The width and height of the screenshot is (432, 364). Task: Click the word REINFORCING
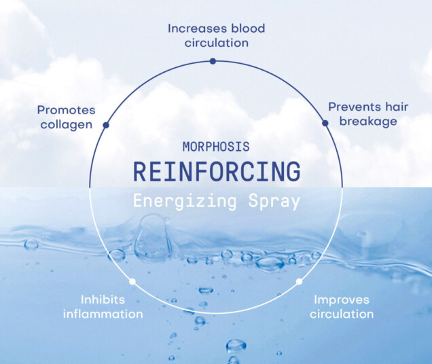point(216,172)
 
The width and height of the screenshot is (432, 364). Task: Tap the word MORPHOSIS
point(216,147)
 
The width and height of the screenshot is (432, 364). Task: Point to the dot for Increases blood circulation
point(213,61)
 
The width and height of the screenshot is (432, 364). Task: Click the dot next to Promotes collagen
point(106,125)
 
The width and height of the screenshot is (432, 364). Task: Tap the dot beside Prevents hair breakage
point(325,122)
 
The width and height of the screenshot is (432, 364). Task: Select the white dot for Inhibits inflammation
point(132,281)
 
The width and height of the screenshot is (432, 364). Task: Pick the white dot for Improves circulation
point(299,280)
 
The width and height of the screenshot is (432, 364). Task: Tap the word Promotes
point(67,109)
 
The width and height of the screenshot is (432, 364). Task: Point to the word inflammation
point(103,314)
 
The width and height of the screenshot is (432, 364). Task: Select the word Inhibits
point(103,299)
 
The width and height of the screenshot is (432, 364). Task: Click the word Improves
point(341,299)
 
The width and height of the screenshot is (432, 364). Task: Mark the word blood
point(247,29)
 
